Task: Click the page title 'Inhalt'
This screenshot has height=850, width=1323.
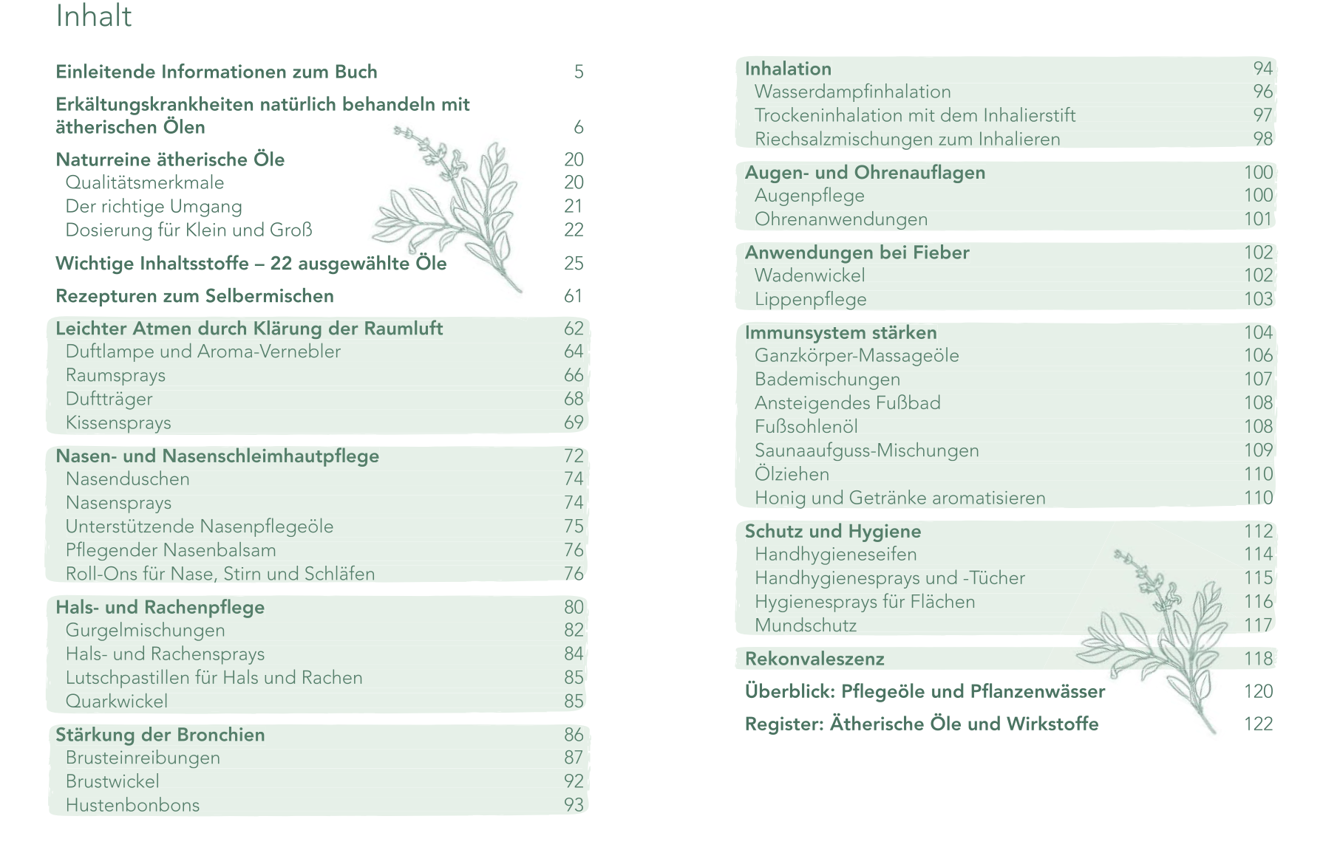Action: pos(94,16)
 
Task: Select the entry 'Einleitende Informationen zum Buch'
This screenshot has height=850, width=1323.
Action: pos(217,72)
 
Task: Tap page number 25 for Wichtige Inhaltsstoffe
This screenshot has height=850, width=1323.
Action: pos(574,264)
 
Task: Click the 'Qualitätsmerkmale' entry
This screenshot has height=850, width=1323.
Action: pos(144,182)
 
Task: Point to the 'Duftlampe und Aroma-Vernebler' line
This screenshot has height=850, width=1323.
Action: pos(203,352)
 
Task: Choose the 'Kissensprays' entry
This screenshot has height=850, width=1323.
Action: pos(118,422)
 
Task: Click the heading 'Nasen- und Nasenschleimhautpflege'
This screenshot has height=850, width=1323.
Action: pos(217,456)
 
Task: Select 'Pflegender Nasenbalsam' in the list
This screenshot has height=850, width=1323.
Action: pos(171,550)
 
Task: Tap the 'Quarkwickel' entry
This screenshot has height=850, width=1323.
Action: pos(117,701)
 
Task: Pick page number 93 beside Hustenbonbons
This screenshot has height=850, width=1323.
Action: pos(574,805)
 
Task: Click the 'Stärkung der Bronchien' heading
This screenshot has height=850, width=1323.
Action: pos(160,735)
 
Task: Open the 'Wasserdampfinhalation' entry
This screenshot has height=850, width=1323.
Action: pos(852,92)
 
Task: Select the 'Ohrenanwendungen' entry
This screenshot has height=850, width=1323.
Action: pos(840,219)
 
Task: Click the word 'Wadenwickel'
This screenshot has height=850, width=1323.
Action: pos(809,275)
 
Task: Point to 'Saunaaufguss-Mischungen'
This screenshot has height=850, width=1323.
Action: pos(866,450)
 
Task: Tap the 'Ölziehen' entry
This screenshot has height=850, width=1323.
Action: pos(792,474)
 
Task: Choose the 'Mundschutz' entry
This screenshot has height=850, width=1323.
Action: pos(806,625)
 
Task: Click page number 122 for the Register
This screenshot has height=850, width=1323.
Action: pos(1258,724)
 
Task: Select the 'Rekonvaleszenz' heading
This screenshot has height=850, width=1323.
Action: pos(814,659)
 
